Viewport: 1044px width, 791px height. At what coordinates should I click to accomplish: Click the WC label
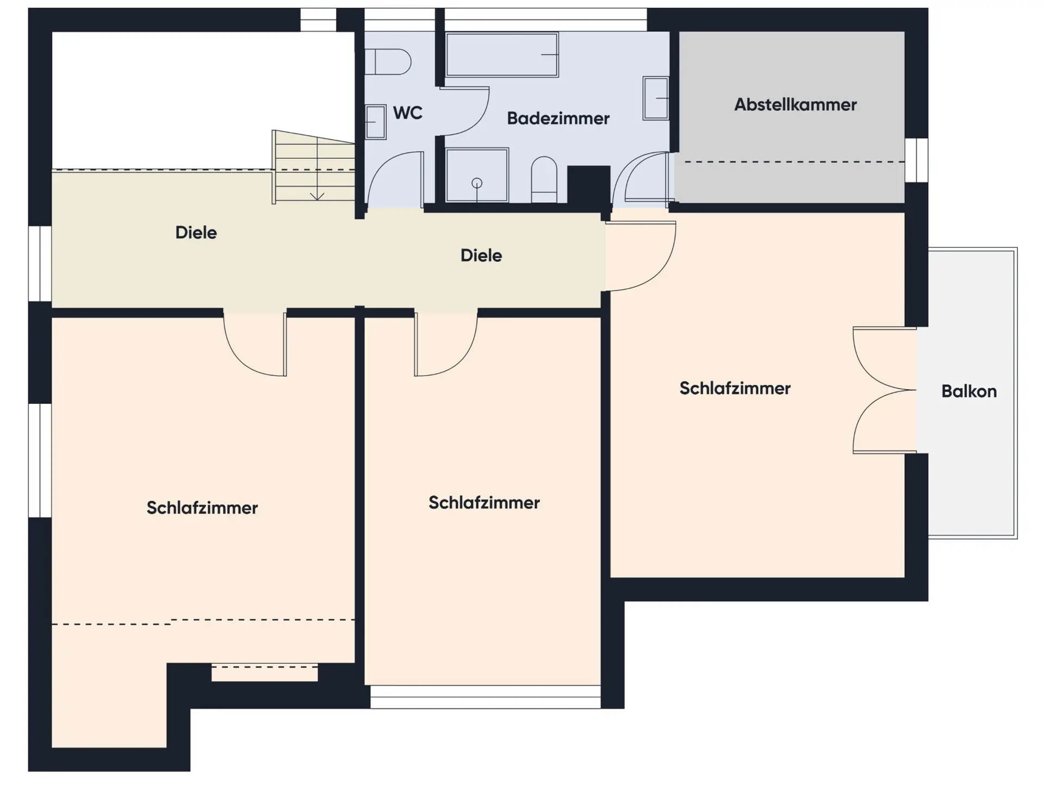click(x=407, y=113)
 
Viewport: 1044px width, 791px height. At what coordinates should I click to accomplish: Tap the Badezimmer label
click(x=558, y=119)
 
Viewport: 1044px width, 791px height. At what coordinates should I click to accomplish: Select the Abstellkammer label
click(x=795, y=104)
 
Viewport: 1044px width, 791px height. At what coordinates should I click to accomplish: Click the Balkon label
click(x=969, y=391)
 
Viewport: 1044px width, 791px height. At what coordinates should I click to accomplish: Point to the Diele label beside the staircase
click(x=196, y=233)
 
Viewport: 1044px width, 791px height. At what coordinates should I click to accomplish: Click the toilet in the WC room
click(x=387, y=61)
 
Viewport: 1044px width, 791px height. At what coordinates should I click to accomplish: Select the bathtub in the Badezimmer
click(x=502, y=54)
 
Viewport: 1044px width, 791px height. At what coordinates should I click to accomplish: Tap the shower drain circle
click(x=477, y=183)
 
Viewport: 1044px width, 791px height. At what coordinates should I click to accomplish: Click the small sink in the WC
click(x=375, y=122)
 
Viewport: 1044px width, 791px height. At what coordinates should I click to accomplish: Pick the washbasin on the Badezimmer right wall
click(x=656, y=98)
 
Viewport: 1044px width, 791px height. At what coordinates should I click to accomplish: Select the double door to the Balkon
click(x=885, y=390)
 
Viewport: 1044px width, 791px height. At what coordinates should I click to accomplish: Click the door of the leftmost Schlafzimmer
click(x=255, y=344)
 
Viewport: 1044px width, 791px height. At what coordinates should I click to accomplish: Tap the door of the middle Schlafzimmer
click(x=446, y=344)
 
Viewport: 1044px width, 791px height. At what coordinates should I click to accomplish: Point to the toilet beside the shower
click(x=544, y=180)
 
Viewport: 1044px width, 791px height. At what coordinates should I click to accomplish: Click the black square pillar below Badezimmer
click(x=588, y=185)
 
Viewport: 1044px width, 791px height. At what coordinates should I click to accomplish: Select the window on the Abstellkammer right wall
click(x=917, y=160)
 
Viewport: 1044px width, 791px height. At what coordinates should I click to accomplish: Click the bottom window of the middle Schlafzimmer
click(x=486, y=697)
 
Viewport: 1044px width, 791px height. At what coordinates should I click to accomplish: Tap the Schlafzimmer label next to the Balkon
click(x=735, y=389)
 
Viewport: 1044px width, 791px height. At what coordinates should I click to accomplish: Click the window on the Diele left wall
click(x=40, y=264)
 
